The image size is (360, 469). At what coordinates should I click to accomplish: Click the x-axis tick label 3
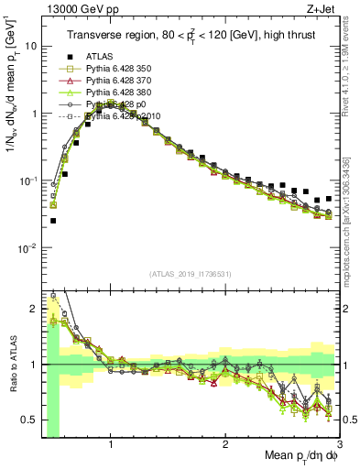click(338, 442)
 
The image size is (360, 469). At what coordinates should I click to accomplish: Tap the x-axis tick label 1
click(111, 442)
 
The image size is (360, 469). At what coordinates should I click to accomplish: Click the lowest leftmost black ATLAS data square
click(53, 221)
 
